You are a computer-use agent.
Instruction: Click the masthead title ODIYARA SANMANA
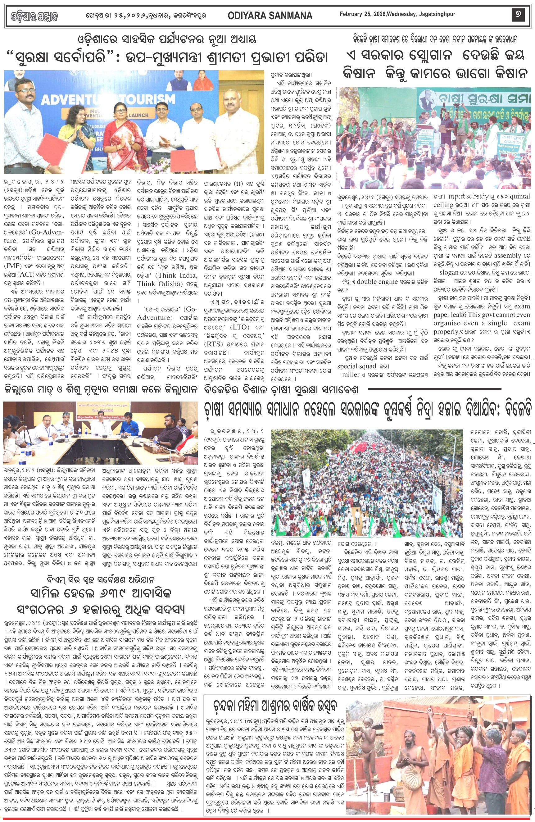coord(270,16)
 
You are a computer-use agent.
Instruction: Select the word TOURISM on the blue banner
coord(148,99)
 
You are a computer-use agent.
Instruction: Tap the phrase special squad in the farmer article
coord(356,366)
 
